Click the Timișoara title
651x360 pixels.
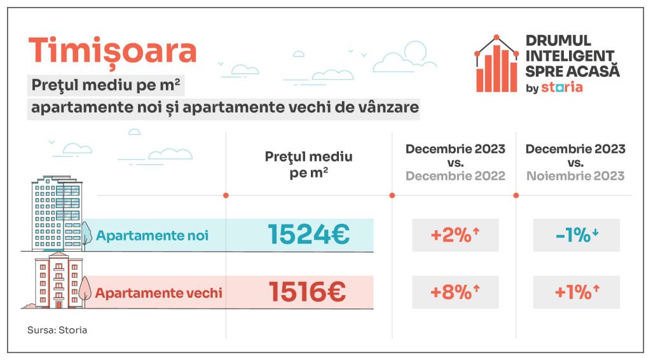[113, 52]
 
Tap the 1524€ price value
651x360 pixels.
[308, 235]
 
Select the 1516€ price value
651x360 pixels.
[307, 293]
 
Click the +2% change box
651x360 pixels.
[455, 235]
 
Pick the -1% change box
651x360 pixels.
[575, 235]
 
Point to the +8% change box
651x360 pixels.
[455, 293]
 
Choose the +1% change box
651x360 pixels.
[575, 293]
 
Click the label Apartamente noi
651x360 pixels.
[152, 235]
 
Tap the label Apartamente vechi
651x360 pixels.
[158, 293]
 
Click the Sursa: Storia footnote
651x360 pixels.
[57, 331]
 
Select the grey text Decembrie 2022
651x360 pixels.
[455, 176]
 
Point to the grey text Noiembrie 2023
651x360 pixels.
[575, 176]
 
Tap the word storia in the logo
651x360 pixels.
[561, 88]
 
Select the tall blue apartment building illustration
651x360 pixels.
[58, 213]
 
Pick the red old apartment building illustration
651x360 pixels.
[57, 280]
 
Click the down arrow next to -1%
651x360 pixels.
[595, 233]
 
